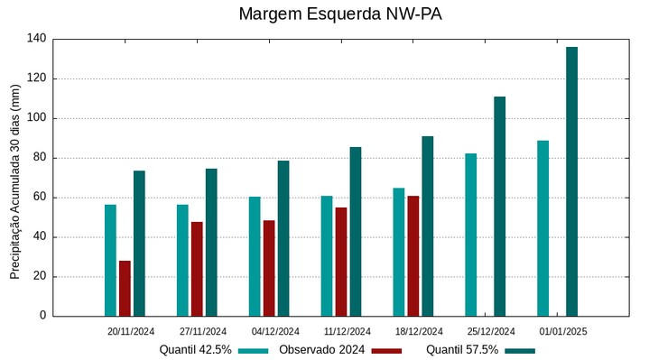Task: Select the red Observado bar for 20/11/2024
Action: pos(125,288)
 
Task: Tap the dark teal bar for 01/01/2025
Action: pos(571,181)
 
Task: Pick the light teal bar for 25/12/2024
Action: pos(471,235)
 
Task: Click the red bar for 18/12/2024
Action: pos(413,255)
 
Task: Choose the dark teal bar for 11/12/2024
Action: pos(356,231)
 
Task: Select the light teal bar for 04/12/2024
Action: pos(255,256)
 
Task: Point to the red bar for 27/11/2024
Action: pos(197,269)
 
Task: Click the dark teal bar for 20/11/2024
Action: pos(139,243)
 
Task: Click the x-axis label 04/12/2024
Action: pos(275,332)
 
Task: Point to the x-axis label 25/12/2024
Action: pos(492,332)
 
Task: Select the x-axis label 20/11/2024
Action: pos(131,332)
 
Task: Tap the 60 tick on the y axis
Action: pos(39,198)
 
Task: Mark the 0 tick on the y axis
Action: pos(42,316)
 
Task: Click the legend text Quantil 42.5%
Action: pos(196,350)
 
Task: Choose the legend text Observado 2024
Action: pos(321,350)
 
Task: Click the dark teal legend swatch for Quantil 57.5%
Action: pos(520,350)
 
